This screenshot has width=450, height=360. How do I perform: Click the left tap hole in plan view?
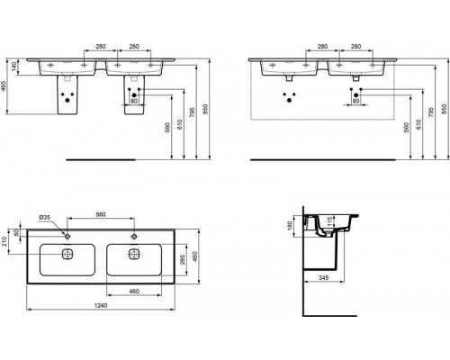66,235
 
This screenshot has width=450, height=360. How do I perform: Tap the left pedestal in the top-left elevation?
65,95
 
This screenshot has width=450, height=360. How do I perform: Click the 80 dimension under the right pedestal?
134,100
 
